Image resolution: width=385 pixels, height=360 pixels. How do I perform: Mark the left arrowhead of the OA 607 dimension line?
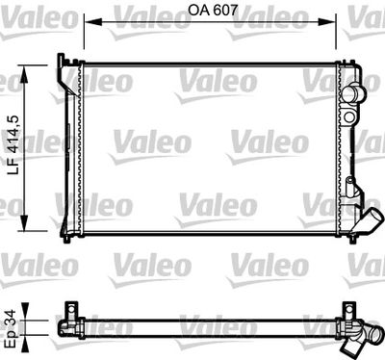pos(88,19)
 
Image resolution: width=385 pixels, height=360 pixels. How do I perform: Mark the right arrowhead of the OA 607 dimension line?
pos(340,19)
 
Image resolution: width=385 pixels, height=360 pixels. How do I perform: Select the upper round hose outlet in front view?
pos(357,94)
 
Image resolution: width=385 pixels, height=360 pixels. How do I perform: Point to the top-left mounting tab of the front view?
pos(66,63)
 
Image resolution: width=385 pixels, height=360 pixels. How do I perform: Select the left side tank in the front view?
pos(71,144)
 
